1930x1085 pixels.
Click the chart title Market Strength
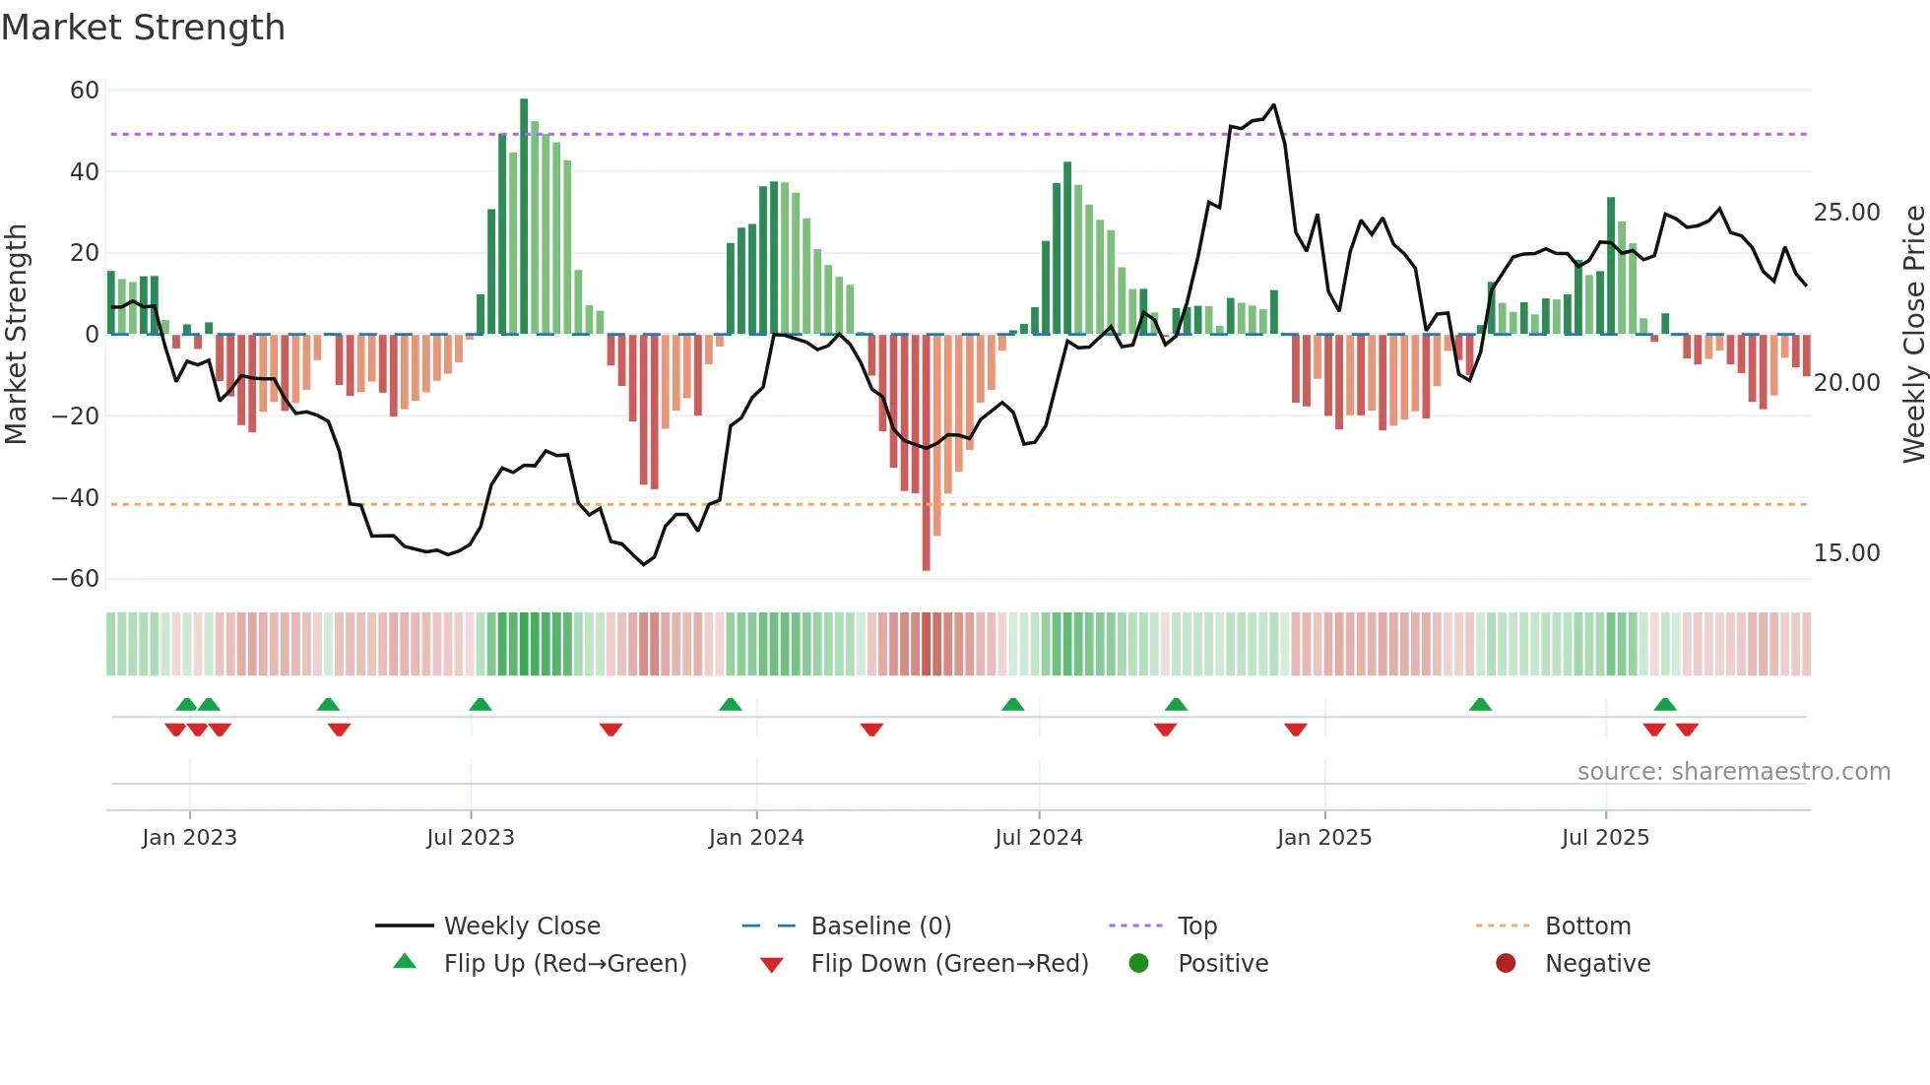[143, 28]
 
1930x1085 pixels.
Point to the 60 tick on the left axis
[85, 91]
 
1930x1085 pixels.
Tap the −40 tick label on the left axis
[76, 498]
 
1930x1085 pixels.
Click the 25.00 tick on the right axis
[1846, 213]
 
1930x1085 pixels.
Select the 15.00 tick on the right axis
[1846, 553]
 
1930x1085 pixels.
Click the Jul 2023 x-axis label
[470, 838]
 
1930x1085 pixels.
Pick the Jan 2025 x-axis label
[1323, 838]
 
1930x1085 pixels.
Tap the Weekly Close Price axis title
[1913, 334]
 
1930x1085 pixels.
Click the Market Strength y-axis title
[16, 334]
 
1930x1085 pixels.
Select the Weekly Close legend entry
[521, 926]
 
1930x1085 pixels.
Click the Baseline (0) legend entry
[880, 926]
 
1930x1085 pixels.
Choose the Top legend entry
[1196, 926]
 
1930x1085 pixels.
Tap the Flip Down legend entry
[948, 964]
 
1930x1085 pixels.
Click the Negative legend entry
[1596, 964]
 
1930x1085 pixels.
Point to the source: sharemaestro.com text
[1733, 772]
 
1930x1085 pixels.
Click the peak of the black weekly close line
[1274, 105]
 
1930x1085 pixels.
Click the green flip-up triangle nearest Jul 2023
[481, 704]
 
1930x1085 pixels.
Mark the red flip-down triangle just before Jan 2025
[1296, 730]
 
